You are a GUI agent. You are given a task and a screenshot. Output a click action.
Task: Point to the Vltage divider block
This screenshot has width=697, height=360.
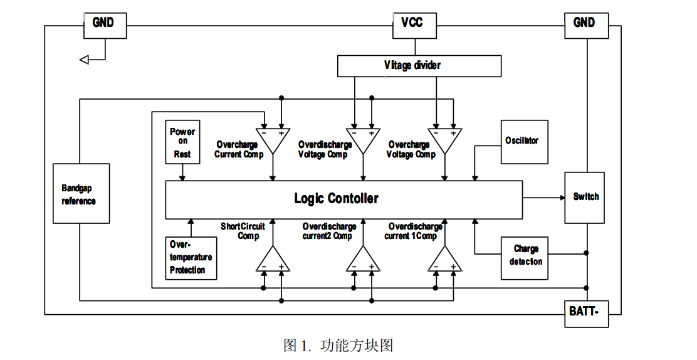pyautogui.click(x=419, y=66)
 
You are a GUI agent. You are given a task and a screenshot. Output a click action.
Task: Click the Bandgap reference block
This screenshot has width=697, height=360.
pyautogui.click(x=80, y=194)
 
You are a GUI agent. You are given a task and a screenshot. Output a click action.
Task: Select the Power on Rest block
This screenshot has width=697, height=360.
pyautogui.click(x=182, y=142)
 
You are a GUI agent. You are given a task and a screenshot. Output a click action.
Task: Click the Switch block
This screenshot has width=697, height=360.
pyautogui.click(x=585, y=197)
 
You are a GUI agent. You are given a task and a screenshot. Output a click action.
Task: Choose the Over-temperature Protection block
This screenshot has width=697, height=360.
pyautogui.click(x=191, y=258)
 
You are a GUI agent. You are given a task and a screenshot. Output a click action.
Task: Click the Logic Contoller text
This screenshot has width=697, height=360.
pyautogui.click(x=337, y=199)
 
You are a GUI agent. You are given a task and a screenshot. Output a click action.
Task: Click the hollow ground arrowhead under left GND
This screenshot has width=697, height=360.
pyautogui.click(x=85, y=60)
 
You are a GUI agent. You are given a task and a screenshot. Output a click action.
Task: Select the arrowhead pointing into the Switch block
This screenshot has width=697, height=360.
pyautogui.click(x=562, y=198)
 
